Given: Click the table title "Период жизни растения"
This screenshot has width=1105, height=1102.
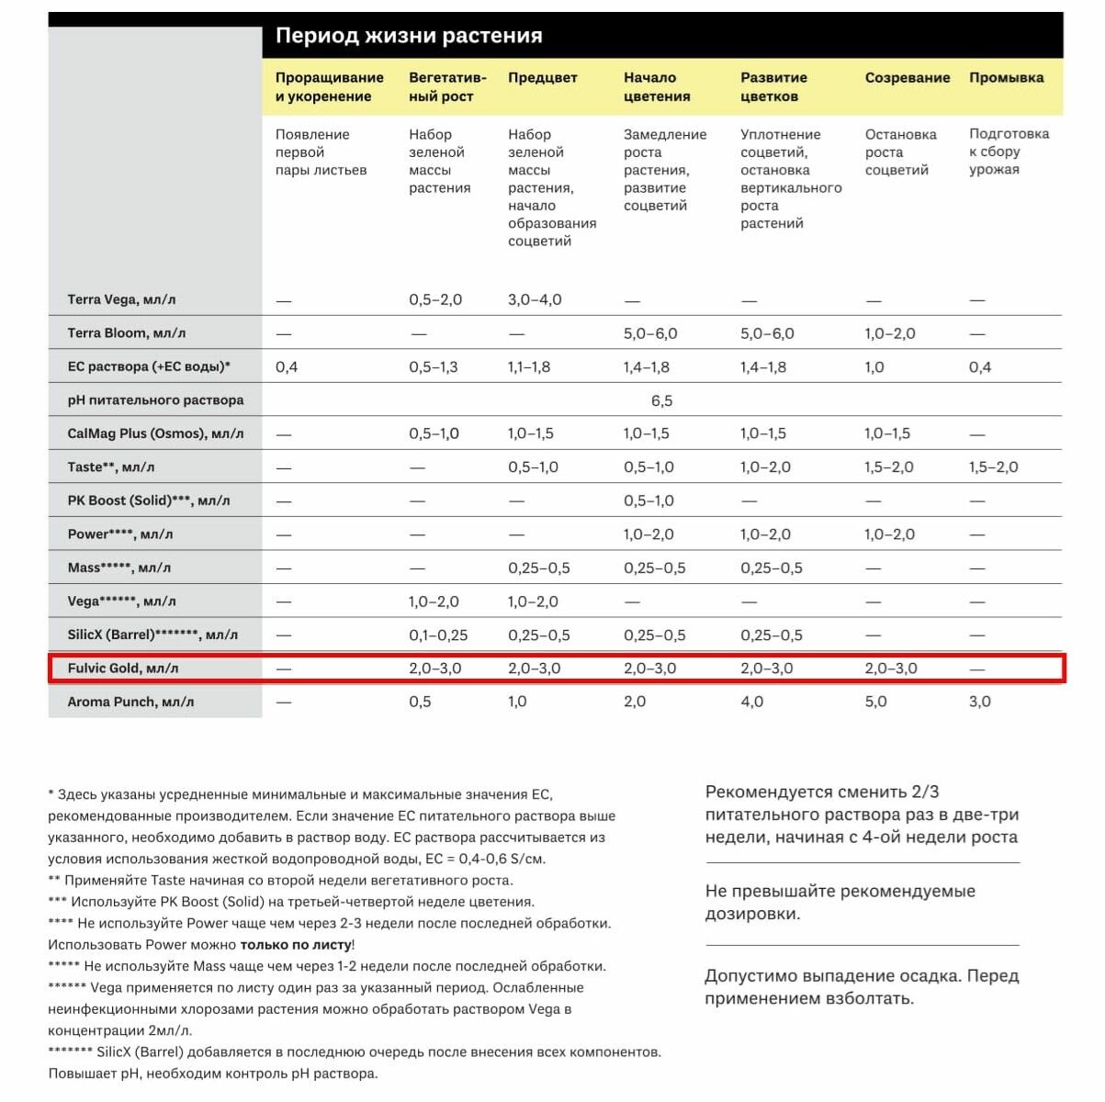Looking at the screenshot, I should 409,36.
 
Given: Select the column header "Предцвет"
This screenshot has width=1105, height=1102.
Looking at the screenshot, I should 542,78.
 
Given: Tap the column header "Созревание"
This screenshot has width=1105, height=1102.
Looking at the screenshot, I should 907,78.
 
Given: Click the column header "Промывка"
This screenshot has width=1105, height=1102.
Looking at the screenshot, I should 1006,78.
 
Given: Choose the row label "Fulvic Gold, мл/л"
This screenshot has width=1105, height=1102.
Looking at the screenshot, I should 123,669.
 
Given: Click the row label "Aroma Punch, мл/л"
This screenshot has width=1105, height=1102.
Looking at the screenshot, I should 130,702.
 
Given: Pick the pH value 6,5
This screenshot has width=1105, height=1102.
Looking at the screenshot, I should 661,400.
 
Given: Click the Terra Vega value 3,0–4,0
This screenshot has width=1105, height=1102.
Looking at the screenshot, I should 535,299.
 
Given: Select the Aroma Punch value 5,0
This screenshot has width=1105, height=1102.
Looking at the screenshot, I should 875,702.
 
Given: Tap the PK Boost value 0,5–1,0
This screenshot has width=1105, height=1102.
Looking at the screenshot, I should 648,500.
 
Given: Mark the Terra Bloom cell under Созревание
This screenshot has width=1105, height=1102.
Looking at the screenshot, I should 889,333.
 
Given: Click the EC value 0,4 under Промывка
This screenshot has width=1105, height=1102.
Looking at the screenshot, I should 979,367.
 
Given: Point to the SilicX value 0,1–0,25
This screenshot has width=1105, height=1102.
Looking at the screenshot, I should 438,635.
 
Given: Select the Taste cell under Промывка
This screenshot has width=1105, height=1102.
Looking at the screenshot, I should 993,467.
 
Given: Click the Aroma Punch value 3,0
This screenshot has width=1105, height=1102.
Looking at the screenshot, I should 979,702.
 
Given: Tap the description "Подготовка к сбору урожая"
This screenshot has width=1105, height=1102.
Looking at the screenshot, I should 1008,152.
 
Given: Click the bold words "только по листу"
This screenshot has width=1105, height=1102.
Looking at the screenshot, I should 296,944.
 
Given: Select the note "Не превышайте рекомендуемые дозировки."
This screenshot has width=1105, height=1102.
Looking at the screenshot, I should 840,902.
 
